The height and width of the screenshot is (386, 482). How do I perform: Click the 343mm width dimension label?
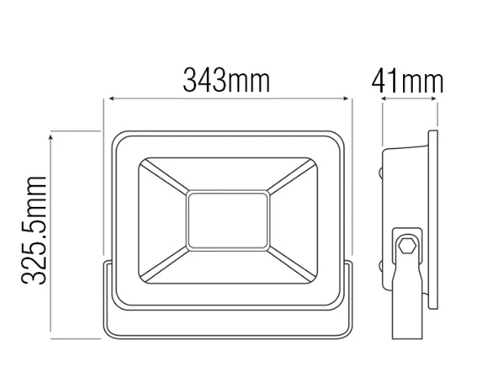(226, 81)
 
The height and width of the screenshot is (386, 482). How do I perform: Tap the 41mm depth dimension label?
(408, 82)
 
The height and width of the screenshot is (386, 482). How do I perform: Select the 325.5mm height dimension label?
(34, 230)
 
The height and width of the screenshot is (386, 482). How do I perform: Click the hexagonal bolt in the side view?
(407, 245)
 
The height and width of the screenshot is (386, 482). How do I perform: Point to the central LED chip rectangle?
(228, 221)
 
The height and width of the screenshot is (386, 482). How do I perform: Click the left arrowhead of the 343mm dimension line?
(112, 99)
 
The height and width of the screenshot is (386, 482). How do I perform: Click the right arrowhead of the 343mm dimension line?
(345, 99)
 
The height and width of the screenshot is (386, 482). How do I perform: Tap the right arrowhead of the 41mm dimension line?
(434, 99)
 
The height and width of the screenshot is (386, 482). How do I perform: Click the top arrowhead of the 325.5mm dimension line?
(50, 137)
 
